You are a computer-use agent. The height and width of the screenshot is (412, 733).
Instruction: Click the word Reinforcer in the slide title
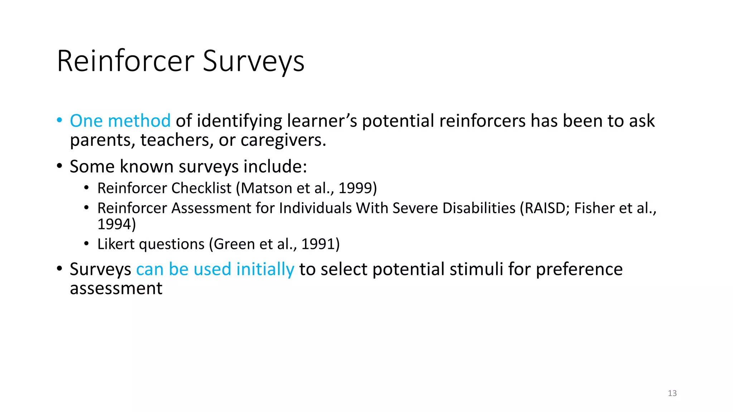point(125,62)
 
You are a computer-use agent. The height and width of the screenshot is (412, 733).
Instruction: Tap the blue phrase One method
point(120,121)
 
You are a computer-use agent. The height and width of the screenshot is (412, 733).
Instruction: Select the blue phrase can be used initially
point(215,269)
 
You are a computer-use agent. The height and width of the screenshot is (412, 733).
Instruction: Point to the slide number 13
point(672,393)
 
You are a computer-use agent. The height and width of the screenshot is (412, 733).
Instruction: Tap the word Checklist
point(201,188)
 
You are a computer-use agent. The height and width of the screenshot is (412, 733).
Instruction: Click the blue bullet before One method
point(59,120)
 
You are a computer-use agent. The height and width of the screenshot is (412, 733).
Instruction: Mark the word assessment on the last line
point(116,289)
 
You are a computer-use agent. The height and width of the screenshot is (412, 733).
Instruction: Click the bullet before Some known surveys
point(59,166)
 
